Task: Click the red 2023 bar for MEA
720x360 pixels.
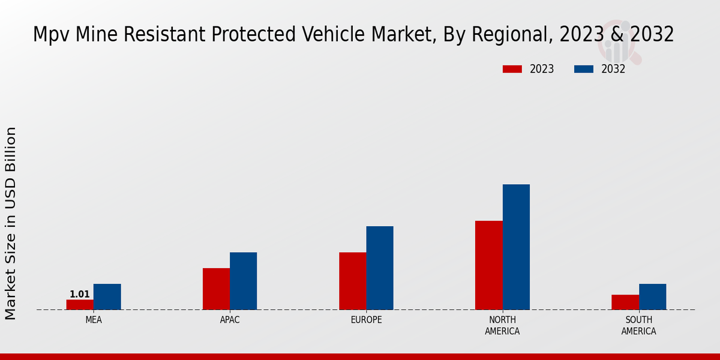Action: (x=80, y=304)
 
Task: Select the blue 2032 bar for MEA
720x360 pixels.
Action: (x=107, y=296)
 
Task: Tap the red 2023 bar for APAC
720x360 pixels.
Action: (x=216, y=289)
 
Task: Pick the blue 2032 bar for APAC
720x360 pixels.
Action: (x=243, y=281)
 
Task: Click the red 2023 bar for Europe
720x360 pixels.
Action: (x=352, y=281)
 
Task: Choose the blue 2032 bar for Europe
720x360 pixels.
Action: (x=380, y=268)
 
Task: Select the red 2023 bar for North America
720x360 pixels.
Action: (x=488, y=265)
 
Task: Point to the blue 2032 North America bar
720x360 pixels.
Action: (x=516, y=247)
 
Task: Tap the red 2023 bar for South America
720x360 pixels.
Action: (x=625, y=302)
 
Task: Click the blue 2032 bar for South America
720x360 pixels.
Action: (x=652, y=296)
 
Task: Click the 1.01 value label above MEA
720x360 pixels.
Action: (x=80, y=294)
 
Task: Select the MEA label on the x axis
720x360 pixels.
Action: (x=94, y=320)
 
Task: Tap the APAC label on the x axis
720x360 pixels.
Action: (x=230, y=320)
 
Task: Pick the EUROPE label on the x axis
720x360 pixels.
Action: (x=366, y=320)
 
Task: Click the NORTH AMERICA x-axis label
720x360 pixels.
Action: (x=502, y=325)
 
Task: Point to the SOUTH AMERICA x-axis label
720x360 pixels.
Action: (x=638, y=325)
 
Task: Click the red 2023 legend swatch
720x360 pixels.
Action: (x=512, y=69)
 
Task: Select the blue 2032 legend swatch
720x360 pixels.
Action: (x=583, y=69)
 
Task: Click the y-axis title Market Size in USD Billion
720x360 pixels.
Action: (x=11, y=223)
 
